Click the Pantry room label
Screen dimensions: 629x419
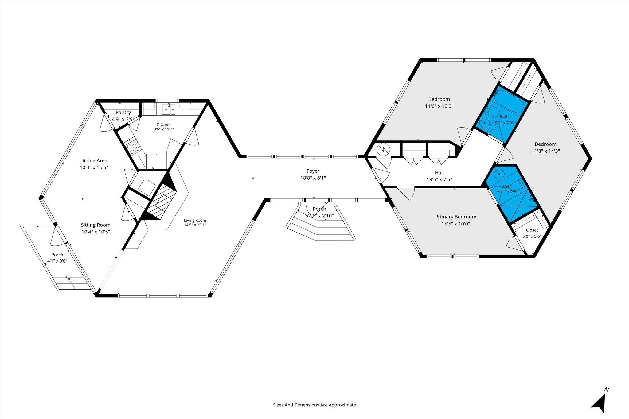(x=123, y=113)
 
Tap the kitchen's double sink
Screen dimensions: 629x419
(x=169, y=109)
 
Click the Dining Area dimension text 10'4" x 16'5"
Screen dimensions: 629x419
(x=94, y=167)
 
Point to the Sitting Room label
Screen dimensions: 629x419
(x=96, y=225)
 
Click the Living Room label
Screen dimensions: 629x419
(x=195, y=220)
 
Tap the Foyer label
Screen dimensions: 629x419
(x=313, y=171)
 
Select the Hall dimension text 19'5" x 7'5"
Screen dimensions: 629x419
(x=439, y=180)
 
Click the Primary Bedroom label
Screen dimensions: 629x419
(x=455, y=217)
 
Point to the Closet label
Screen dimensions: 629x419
(x=532, y=230)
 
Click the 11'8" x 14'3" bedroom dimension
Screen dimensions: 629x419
(x=545, y=151)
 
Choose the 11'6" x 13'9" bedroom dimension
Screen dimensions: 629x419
(x=439, y=106)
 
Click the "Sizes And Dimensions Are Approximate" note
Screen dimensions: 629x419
(x=314, y=405)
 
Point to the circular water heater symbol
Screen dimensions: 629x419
(x=383, y=150)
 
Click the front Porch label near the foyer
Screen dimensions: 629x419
(x=319, y=209)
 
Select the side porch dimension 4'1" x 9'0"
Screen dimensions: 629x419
(x=57, y=261)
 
